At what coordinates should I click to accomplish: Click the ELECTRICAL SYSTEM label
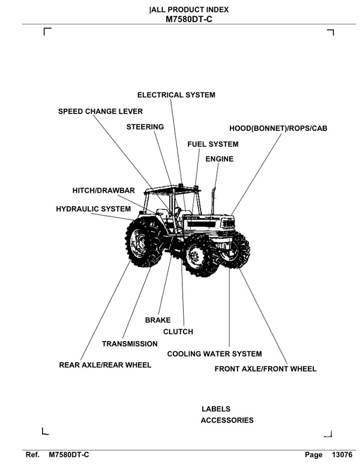click(x=176, y=95)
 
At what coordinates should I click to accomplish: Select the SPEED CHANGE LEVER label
click(x=100, y=111)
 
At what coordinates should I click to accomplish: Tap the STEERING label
click(x=145, y=127)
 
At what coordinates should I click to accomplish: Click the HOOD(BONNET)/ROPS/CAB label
click(x=278, y=129)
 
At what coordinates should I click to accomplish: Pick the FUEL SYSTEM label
click(x=212, y=144)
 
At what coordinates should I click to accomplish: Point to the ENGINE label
click(x=219, y=159)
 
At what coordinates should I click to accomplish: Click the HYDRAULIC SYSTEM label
click(x=93, y=209)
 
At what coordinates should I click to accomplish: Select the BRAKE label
click(x=158, y=321)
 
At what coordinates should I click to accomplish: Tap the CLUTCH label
click(x=178, y=332)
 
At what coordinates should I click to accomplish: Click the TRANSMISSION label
click(x=130, y=344)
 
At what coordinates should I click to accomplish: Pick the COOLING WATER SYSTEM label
click(x=214, y=354)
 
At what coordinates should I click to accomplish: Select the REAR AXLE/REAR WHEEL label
click(x=105, y=365)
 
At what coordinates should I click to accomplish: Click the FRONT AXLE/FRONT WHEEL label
click(x=265, y=369)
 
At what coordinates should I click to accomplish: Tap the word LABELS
click(x=216, y=409)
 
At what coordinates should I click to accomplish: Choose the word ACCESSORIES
click(x=227, y=420)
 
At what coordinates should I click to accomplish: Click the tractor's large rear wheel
click(x=145, y=243)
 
